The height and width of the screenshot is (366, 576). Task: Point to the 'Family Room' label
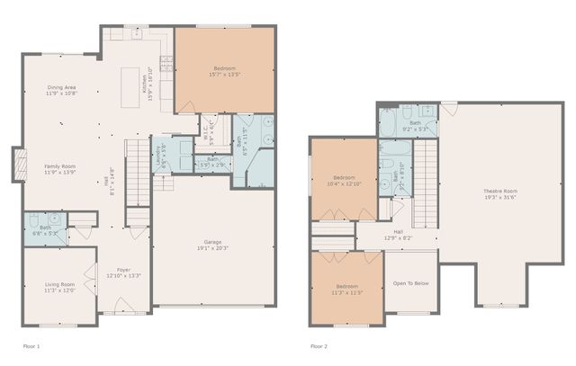click(x=61, y=168)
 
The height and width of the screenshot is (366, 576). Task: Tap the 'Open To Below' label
click(x=410, y=283)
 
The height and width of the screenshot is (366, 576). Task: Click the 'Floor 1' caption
click(x=31, y=345)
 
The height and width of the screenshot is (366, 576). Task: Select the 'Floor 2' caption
click(x=319, y=345)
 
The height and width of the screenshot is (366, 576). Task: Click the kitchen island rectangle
click(x=132, y=87)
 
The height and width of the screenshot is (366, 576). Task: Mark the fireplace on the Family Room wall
click(x=19, y=165)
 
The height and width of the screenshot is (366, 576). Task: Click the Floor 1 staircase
click(x=137, y=172)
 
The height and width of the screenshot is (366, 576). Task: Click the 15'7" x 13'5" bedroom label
click(x=224, y=71)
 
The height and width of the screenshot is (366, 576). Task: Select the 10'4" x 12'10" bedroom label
click(x=346, y=179)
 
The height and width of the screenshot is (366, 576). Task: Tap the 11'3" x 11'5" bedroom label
click(x=346, y=290)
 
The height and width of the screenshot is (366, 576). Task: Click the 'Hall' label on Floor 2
click(x=397, y=237)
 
